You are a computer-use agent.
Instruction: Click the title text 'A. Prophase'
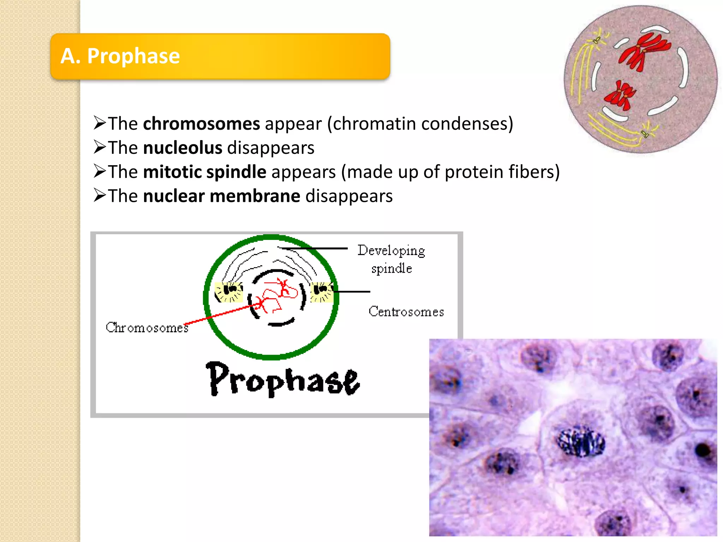[120, 56]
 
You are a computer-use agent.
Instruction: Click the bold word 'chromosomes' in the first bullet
[201, 124]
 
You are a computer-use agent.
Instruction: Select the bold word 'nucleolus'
[183, 148]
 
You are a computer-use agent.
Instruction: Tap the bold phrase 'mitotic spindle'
[204, 172]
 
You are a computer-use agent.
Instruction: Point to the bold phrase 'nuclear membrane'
[221, 196]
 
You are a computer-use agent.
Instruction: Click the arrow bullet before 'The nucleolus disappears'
[100, 147]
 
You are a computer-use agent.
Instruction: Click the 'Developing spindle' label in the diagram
[391, 259]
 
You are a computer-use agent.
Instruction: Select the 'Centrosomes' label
[406, 312]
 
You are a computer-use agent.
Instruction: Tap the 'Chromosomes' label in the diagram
[147, 328]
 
